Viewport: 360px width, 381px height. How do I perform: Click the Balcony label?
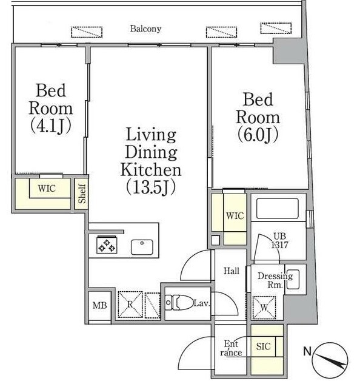pyautogui.click(x=145, y=29)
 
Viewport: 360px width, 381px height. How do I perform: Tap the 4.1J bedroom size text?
pyautogui.click(x=51, y=126)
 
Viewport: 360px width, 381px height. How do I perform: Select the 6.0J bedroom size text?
pyautogui.click(x=258, y=135)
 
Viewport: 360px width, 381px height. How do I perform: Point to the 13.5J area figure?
pyautogui.click(x=151, y=188)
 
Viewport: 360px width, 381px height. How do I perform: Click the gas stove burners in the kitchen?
pyautogui.click(x=107, y=245)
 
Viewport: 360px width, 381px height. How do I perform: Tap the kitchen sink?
pyautogui.click(x=142, y=247)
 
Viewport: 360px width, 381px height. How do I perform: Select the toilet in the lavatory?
pyautogui.click(x=179, y=303)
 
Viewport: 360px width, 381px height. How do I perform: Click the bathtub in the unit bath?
pyautogui.click(x=277, y=207)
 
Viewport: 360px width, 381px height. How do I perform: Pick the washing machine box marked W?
pyautogui.click(x=264, y=308)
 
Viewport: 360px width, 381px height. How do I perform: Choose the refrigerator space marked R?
pyautogui.click(x=130, y=305)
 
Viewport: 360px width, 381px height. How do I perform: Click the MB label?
pyautogui.click(x=100, y=305)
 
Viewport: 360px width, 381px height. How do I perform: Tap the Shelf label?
pyautogui.click(x=82, y=194)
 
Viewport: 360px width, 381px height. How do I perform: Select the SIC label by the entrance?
pyautogui.click(x=263, y=346)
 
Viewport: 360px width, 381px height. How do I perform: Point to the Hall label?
pyautogui.click(x=232, y=271)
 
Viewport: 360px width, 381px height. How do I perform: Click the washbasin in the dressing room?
pyautogui.click(x=293, y=280)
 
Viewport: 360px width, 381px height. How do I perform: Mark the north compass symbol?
pyautogui.click(x=330, y=359)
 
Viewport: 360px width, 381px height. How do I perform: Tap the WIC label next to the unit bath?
pyautogui.click(x=235, y=216)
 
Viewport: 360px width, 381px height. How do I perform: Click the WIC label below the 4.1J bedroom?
pyautogui.click(x=47, y=188)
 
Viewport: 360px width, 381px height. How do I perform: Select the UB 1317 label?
pyautogui.click(x=279, y=241)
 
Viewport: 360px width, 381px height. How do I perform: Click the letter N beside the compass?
pyautogui.click(x=307, y=351)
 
